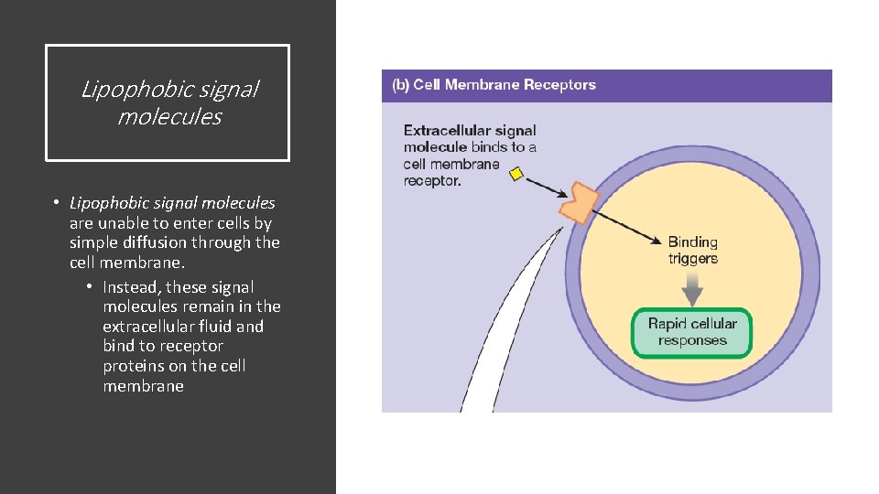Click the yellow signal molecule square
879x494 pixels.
(516, 174)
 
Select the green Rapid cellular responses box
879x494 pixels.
(692, 332)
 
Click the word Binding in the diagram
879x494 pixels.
(692, 242)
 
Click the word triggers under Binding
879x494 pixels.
(692, 259)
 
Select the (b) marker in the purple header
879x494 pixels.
(400, 85)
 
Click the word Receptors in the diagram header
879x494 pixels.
(559, 85)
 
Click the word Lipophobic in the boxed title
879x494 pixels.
(124, 90)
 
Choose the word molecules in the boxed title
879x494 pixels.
(169, 117)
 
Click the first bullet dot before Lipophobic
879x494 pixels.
(56, 203)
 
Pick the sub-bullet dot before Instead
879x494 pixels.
(90, 287)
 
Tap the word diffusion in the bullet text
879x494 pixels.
(179, 242)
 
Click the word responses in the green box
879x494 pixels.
(692, 340)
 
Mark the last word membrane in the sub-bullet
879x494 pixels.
(143, 386)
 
